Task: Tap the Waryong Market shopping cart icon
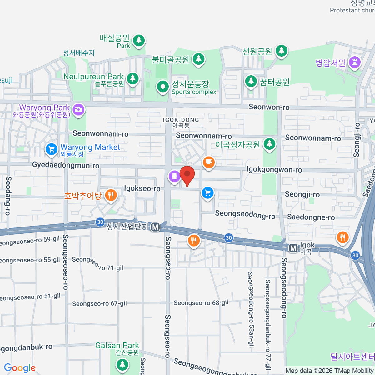51,149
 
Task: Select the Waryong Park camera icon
78,109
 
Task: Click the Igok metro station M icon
293,248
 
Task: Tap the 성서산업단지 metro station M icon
155,227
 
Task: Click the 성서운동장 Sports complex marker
162,86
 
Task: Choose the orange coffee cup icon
208,162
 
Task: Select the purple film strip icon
174,176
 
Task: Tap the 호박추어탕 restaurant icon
111,196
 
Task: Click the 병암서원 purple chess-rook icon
355,62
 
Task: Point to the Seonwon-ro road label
269,107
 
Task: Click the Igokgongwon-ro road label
274,170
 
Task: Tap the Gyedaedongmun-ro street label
66,165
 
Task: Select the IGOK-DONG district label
181,120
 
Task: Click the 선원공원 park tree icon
282,50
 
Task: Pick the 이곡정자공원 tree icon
269,144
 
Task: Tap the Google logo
20,368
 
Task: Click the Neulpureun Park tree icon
133,78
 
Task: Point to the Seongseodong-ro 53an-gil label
250,309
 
